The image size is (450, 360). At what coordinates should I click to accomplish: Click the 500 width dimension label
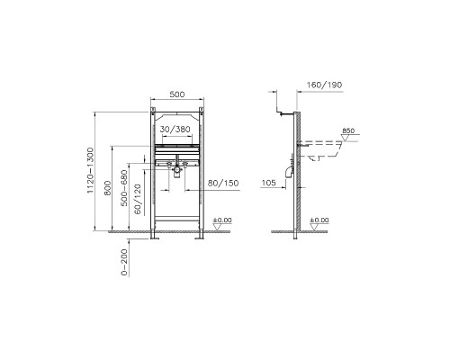pyautogui.click(x=177, y=94)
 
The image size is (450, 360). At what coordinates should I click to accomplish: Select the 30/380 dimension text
pyautogui.click(x=175, y=130)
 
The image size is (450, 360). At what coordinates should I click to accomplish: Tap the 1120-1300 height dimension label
pyautogui.click(x=91, y=170)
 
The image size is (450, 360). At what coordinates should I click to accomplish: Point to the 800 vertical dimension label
pyautogui.click(x=108, y=188)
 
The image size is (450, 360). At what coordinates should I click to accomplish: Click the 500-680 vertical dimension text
pyautogui.click(x=124, y=188)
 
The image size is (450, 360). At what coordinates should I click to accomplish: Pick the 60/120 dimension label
pyautogui.click(x=138, y=199)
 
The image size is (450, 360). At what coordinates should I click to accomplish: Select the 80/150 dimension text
pyautogui.click(x=223, y=183)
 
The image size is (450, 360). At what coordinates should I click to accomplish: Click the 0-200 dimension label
pyautogui.click(x=124, y=262)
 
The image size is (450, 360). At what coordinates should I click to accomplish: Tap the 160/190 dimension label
pyautogui.click(x=324, y=85)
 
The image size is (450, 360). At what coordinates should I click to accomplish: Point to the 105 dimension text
pyautogui.click(x=269, y=183)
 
